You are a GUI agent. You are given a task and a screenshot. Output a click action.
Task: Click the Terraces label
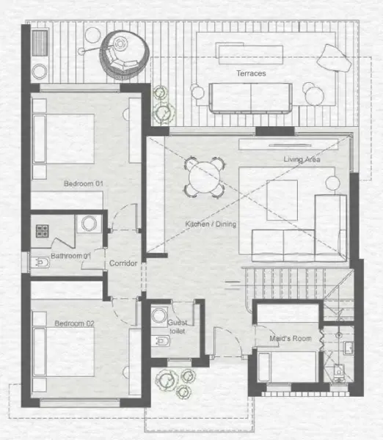(251, 74)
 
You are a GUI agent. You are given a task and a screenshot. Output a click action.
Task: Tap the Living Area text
(302, 159)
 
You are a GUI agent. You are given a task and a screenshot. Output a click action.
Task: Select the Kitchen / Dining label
(211, 224)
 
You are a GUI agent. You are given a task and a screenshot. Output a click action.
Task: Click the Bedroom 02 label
(75, 323)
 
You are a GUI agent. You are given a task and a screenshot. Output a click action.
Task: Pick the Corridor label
(123, 263)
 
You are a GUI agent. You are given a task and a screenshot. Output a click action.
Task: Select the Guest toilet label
(178, 327)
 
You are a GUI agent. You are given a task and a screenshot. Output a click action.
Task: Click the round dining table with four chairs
(203, 177)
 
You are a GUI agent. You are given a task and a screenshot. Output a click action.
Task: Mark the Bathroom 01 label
(70, 256)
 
